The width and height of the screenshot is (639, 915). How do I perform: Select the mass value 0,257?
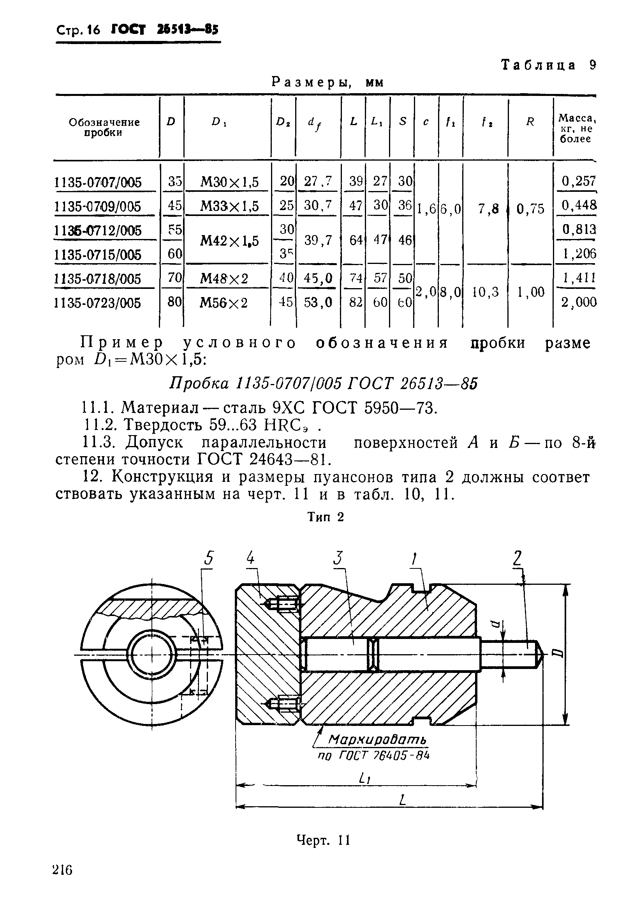579,181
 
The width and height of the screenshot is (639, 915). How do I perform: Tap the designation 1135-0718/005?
97,279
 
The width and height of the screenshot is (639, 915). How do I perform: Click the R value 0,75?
530,209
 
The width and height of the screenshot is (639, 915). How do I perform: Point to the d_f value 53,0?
318,303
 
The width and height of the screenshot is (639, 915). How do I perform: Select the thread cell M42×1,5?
229,241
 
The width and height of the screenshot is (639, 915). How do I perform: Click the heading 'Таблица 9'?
548,65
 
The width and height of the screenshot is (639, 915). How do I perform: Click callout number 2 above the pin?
517,558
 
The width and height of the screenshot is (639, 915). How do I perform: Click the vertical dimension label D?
558,652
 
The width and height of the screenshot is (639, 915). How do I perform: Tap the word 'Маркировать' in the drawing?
377,740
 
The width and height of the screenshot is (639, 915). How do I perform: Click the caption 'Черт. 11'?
323,840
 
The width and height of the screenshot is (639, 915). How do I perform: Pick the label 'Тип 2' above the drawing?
325,517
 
